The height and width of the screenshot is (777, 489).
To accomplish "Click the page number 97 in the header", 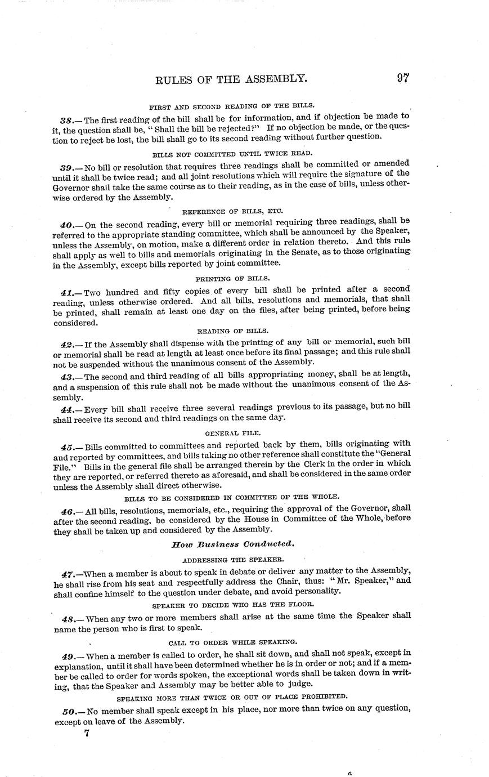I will (x=402, y=78).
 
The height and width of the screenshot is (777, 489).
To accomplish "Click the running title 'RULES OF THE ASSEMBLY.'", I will (x=231, y=79).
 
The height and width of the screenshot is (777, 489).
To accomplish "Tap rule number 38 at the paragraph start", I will (x=67, y=120).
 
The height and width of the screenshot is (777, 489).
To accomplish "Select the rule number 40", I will (x=68, y=225).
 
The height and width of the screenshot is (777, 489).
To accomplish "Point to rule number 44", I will (x=68, y=409).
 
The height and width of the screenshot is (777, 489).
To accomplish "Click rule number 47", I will (x=68, y=574).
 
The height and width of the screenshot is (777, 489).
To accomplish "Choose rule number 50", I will (x=69, y=711).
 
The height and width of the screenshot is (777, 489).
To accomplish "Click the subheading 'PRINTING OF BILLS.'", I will (x=232, y=279).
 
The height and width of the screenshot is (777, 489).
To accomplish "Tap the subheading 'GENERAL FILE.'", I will (x=232, y=433).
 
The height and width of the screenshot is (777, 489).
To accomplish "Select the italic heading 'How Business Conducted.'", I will (x=232, y=544).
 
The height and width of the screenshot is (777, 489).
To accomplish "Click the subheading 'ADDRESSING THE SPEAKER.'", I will (x=232, y=560).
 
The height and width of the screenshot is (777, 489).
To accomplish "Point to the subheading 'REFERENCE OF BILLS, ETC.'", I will (x=232, y=212).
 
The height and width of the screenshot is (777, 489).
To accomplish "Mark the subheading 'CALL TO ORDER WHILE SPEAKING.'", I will (x=232, y=642).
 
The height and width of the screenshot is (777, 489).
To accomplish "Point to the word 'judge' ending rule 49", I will (x=299, y=684).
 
